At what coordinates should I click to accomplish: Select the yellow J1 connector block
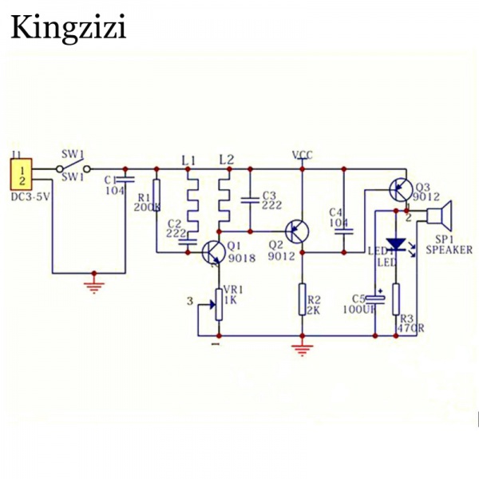[x=23, y=175]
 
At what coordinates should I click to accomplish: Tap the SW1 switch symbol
[x=71, y=168]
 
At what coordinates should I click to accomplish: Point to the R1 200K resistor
[x=156, y=196]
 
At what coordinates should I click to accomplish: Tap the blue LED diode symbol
[x=395, y=244]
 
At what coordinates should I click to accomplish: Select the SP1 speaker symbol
[x=440, y=216]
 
